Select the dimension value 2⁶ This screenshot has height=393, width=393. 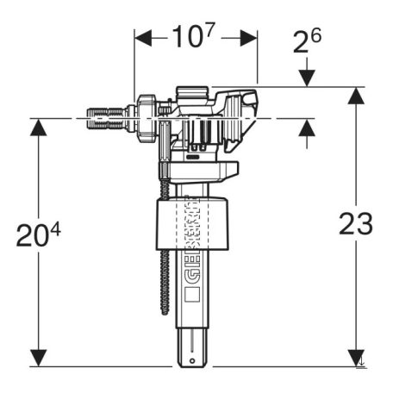point(307,41)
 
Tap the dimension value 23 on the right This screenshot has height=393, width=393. point(356,223)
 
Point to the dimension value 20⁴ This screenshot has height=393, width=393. point(39,234)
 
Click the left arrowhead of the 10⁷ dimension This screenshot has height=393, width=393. point(143,38)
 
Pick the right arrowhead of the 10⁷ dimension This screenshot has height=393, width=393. point(248,38)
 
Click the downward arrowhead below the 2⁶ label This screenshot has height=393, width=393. point(307,78)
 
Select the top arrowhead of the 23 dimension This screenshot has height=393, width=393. point(356,96)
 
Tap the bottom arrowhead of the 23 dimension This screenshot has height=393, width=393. point(356,358)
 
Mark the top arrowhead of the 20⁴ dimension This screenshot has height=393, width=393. point(39,128)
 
